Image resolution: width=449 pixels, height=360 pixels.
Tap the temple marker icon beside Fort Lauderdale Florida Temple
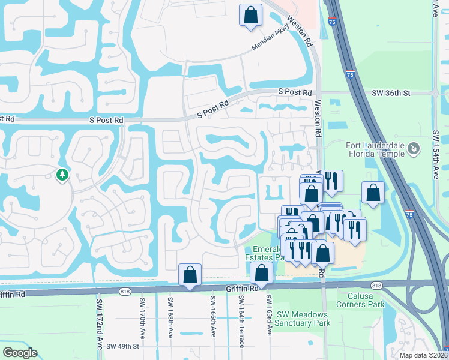[413, 148]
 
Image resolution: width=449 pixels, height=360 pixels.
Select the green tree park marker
[62, 175]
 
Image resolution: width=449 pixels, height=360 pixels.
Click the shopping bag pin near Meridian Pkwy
[250, 15]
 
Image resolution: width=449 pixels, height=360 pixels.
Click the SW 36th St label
[390, 93]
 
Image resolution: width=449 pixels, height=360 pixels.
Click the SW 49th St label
[123, 346]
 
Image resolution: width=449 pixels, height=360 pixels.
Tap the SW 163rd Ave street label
[268, 314]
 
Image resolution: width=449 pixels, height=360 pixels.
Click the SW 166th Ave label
[213, 316]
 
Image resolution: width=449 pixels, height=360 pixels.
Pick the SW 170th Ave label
[143, 317]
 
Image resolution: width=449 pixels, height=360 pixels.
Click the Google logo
[20, 353]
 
